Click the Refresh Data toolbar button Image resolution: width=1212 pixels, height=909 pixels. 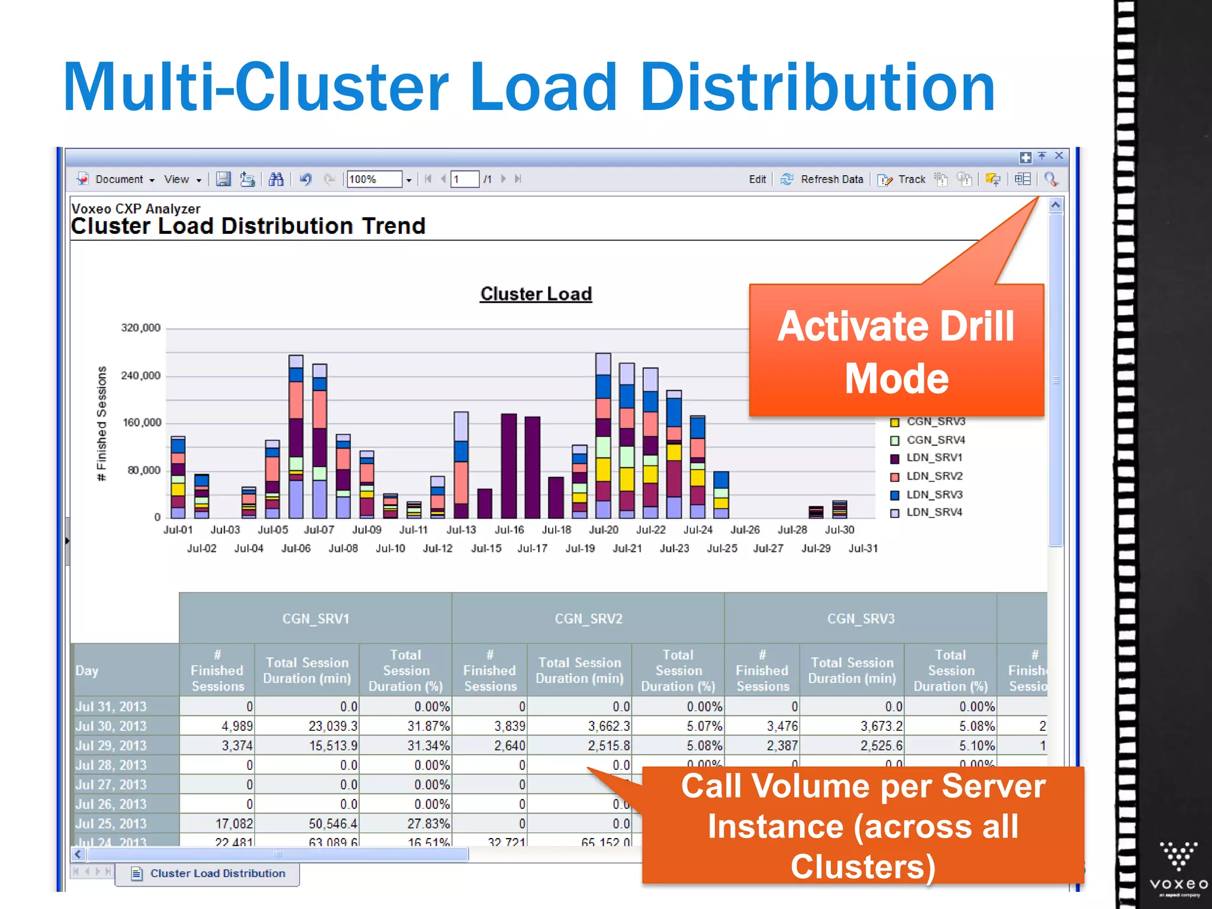pyautogui.click(x=824, y=179)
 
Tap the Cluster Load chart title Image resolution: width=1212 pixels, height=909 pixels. pyautogui.click(x=536, y=294)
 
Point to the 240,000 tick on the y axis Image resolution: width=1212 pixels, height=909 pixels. pyautogui.click(x=140, y=376)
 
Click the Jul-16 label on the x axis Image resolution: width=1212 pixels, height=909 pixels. pyautogui.click(x=509, y=530)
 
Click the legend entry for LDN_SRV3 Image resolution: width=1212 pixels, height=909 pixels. pyautogui.click(x=934, y=495)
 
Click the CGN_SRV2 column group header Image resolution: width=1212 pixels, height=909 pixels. pyautogui.click(x=588, y=619)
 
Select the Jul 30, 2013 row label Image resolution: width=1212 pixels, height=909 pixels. pyautogui.click(x=111, y=726)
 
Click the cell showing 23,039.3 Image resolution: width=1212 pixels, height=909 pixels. pyautogui.click(x=333, y=726)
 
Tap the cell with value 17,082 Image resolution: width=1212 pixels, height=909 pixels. pyautogui.click(x=234, y=824)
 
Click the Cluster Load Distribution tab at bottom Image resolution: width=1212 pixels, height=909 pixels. pyautogui.click(x=217, y=873)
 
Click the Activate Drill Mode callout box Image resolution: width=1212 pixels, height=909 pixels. pyautogui.click(x=896, y=352)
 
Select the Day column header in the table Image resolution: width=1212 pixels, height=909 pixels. pyautogui.click(x=88, y=671)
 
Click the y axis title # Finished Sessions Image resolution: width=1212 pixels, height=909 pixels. pyautogui.click(x=102, y=423)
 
